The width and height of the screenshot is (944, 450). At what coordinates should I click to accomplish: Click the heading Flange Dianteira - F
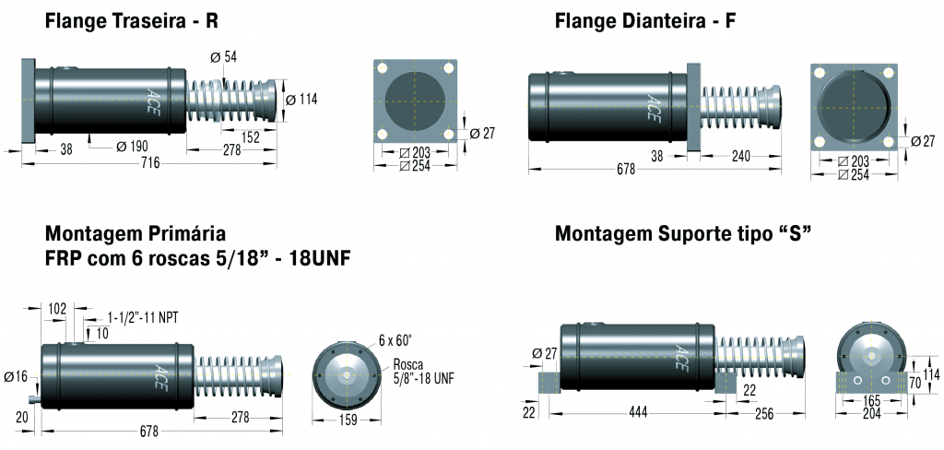coord(645,20)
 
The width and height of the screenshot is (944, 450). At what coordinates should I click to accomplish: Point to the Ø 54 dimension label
coord(223,57)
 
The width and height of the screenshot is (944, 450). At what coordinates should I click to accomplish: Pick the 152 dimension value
coord(250,137)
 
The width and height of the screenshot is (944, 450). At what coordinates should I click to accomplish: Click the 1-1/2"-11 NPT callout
coord(143,317)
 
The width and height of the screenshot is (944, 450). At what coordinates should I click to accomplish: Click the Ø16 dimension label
coord(15,376)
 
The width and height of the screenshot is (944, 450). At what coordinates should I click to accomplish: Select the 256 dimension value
coord(761,414)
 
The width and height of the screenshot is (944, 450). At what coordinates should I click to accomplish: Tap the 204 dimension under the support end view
coord(870,414)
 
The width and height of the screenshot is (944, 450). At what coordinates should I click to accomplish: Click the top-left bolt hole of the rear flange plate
coord(382,68)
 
